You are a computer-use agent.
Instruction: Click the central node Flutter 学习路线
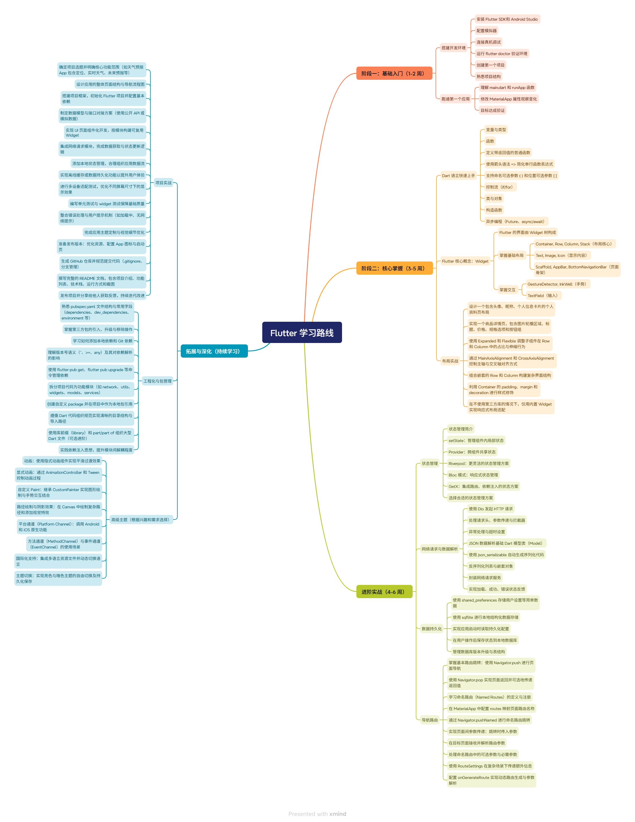point(302,333)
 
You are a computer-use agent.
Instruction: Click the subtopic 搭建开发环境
point(453,48)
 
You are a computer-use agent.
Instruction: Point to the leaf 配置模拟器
point(486,30)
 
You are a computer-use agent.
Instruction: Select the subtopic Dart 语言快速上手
point(458,175)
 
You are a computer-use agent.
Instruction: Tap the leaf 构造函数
point(494,210)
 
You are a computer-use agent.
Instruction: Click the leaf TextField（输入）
point(542,295)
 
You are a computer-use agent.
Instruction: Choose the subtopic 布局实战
point(450,361)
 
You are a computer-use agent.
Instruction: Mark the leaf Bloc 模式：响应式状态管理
point(473,475)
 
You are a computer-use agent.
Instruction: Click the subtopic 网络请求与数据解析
point(439,549)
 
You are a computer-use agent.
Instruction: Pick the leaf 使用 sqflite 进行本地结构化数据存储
point(485,617)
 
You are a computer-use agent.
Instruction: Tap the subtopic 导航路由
point(430,720)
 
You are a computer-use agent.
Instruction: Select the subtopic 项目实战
point(163,183)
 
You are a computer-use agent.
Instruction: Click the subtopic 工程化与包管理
point(157,381)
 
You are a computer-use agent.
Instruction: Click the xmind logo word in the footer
point(337,814)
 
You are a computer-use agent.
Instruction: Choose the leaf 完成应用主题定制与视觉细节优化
point(114,232)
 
